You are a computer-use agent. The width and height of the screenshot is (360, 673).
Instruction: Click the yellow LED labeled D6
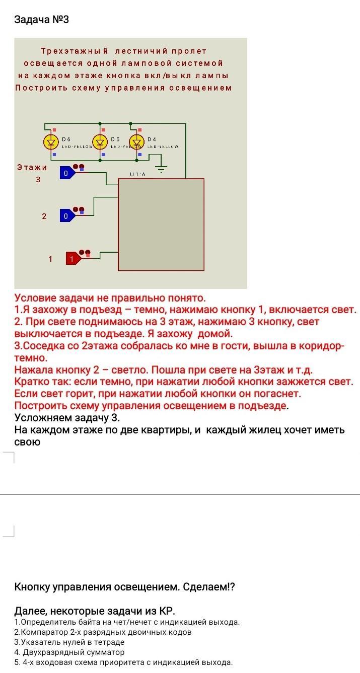[x=51, y=142]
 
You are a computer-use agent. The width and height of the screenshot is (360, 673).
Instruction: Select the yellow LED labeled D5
[x=100, y=142]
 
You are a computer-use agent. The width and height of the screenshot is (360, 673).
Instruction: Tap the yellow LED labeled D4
[x=136, y=142]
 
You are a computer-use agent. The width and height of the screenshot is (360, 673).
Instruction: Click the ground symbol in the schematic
[x=161, y=170]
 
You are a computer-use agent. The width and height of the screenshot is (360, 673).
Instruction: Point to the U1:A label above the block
[x=137, y=174]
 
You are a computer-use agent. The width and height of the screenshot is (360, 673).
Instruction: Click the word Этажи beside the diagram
[x=32, y=167]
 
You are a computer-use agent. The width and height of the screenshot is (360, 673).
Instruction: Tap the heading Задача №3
[x=41, y=20]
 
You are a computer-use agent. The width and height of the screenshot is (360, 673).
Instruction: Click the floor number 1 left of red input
[x=50, y=259]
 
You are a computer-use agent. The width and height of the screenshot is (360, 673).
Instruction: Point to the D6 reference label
[x=66, y=139]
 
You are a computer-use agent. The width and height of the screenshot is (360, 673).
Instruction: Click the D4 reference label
[x=152, y=139]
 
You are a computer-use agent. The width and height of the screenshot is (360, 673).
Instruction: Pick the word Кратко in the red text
[x=32, y=382]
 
